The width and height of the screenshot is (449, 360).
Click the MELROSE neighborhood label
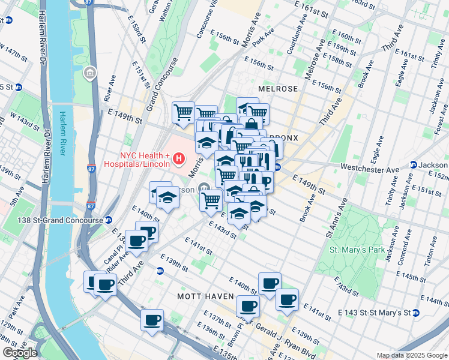coord(277,88)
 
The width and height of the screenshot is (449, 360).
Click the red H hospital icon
coord(178,159)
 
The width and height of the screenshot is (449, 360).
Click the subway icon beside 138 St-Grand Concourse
coord(108,220)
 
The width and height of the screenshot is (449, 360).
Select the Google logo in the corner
coord(19,353)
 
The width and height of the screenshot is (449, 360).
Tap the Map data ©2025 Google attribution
coord(412,355)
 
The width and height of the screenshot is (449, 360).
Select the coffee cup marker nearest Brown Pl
coord(247,306)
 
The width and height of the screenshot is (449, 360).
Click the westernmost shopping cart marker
coord(182,112)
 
